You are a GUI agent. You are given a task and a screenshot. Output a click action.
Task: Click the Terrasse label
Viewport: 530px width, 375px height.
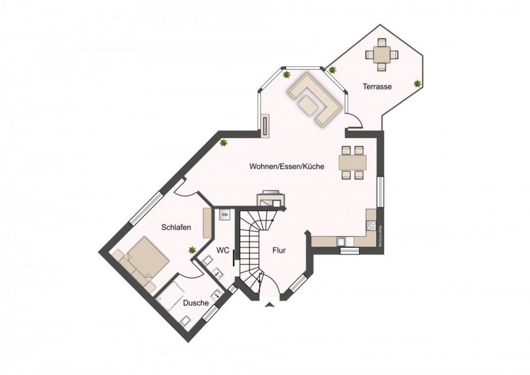pyautogui.click(x=377, y=87)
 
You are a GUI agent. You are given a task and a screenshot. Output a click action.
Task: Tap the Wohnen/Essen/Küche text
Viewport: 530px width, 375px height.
pyautogui.click(x=286, y=166)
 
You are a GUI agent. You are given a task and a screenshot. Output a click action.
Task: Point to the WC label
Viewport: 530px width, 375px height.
pyautogui.click(x=224, y=250)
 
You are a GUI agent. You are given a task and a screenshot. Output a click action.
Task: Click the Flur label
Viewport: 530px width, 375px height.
pyautogui.click(x=279, y=251)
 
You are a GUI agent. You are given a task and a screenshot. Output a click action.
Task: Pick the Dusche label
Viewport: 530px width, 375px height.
pyautogui.click(x=195, y=303)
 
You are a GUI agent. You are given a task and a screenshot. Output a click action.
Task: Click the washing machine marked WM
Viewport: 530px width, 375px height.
pyautogui.click(x=225, y=214)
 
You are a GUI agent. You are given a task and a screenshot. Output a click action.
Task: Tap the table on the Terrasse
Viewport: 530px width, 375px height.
pyautogui.click(x=381, y=55)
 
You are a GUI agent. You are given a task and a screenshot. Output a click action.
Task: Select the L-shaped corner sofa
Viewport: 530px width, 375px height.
pyautogui.click(x=315, y=99)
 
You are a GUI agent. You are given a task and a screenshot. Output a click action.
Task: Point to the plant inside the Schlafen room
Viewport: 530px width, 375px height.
pyautogui.click(x=192, y=250)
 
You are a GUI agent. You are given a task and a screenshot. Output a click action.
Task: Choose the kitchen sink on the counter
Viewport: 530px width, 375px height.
pyautogui.click(x=345, y=239)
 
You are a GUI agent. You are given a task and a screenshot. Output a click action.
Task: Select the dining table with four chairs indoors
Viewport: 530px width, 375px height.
pyautogui.click(x=352, y=162)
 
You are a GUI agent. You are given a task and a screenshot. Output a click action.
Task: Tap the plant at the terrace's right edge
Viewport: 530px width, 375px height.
pyautogui.click(x=418, y=84)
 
